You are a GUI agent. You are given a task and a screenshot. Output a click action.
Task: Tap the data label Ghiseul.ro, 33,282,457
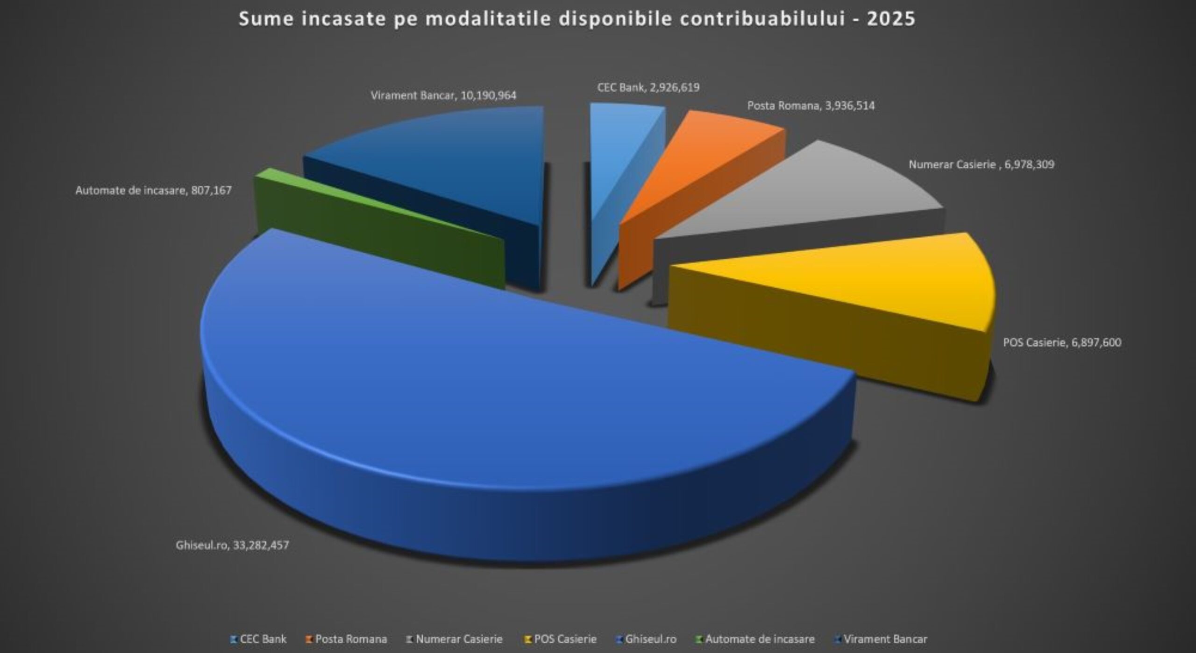[232, 545]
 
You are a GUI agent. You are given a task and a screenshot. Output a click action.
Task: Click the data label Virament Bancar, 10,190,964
[443, 96]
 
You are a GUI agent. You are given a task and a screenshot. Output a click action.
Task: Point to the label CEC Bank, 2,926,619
[648, 88]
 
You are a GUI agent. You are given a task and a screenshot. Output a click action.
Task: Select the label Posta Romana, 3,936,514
[811, 106]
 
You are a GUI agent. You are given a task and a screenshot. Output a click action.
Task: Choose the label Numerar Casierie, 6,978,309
[981, 164]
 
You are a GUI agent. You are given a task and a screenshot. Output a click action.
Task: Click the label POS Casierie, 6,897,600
[1062, 343]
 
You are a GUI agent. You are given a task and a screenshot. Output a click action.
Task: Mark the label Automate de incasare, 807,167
[153, 191]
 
